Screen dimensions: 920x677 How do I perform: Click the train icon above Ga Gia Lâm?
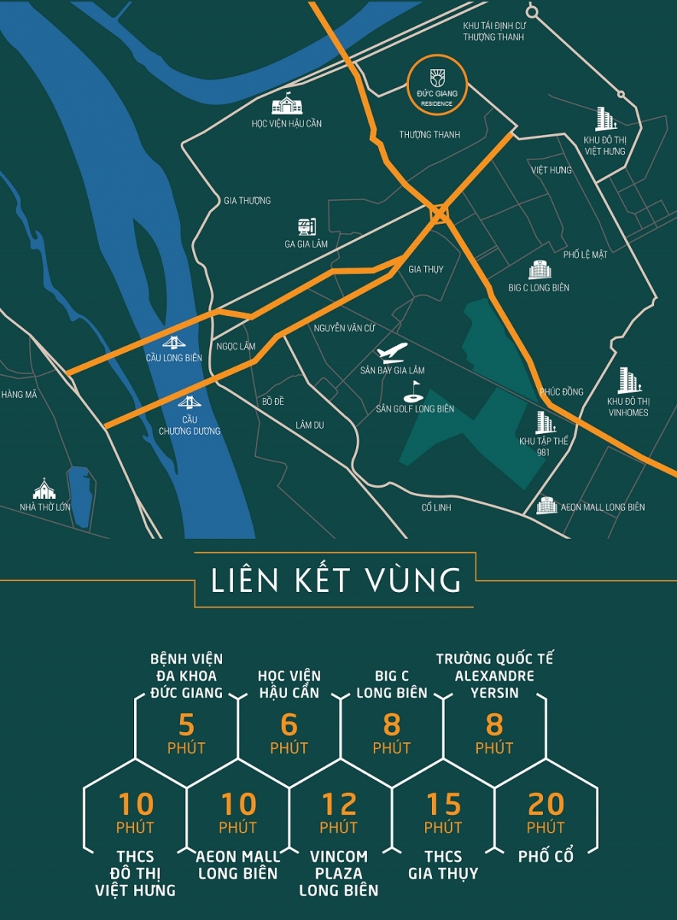(307, 226)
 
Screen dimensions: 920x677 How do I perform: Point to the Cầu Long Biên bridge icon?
(173, 342)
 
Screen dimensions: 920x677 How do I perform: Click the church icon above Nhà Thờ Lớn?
(44, 488)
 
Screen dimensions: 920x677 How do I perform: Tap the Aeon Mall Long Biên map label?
(602, 507)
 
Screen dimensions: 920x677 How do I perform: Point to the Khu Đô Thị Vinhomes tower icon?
(628, 380)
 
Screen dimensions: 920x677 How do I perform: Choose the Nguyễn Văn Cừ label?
(344, 328)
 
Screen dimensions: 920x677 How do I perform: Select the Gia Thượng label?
(247, 201)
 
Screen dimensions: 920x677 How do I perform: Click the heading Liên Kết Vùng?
(337, 580)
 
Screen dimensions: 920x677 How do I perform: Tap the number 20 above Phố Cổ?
(545, 804)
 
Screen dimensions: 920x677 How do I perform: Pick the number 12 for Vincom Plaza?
(339, 804)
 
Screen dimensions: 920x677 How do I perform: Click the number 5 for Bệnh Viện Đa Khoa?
(187, 724)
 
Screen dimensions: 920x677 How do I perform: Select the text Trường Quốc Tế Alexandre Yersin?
(494, 675)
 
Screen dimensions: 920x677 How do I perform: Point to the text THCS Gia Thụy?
(443, 865)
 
